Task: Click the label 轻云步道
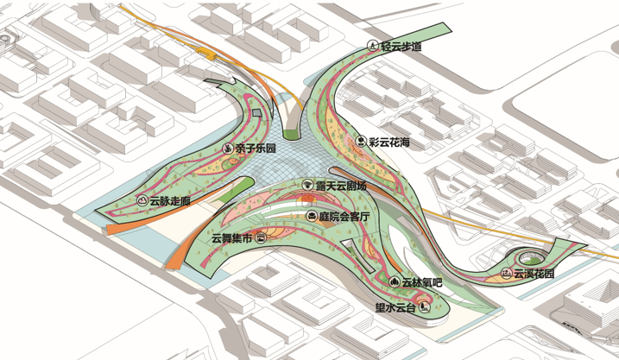coord(401,46)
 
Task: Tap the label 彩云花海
coord(389,142)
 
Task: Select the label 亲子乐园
coord(255,148)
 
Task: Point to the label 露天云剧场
coord(341,185)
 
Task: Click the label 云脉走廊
coord(170,200)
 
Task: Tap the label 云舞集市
coord(231,238)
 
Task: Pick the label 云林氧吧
coord(421,282)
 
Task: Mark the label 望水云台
coord(395,307)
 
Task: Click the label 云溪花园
coord(534,273)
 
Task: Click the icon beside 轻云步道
coord(373,46)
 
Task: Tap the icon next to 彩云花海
coord(361,142)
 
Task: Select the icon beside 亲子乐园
coord(227,148)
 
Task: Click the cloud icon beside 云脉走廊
coord(142,200)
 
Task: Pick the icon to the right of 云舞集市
coord(261,237)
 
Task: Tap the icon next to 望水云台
coord(425,307)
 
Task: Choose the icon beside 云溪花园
coord(506,273)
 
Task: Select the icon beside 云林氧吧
coord(394,281)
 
